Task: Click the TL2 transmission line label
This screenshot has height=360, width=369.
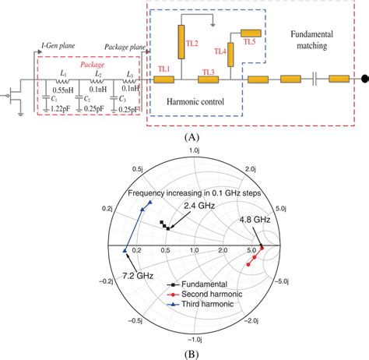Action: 192,43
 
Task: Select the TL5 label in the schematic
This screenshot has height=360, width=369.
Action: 249,43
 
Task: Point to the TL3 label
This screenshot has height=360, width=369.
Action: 208,71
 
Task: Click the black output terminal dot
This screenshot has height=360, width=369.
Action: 363,79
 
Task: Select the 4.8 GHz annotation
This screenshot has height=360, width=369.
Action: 254,221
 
